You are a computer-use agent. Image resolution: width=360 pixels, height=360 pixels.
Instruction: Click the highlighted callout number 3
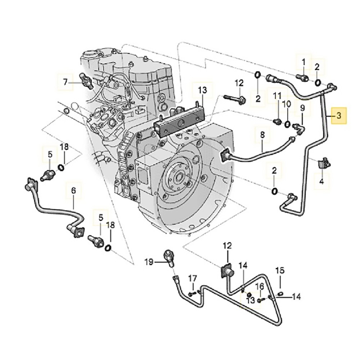point(338,116)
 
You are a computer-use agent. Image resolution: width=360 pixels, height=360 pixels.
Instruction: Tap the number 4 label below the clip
point(322,182)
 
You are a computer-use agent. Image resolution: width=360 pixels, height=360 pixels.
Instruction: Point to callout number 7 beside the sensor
point(65,82)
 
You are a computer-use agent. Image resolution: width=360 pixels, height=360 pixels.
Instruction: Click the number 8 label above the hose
point(262,135)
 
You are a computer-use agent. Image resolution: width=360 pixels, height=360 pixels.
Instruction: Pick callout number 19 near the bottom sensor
point(149,262)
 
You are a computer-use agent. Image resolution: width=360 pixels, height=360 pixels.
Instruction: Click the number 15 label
point(280,270)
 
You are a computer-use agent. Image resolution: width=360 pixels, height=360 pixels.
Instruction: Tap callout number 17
point(193,278)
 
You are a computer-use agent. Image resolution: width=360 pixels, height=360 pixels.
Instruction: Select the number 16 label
point(260,287)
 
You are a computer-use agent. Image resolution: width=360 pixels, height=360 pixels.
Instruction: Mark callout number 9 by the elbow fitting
point(302,107)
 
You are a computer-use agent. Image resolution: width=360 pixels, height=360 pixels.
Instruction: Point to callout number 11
point(277,96)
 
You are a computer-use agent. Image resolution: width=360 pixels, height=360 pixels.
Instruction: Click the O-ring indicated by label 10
point(287,125)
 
